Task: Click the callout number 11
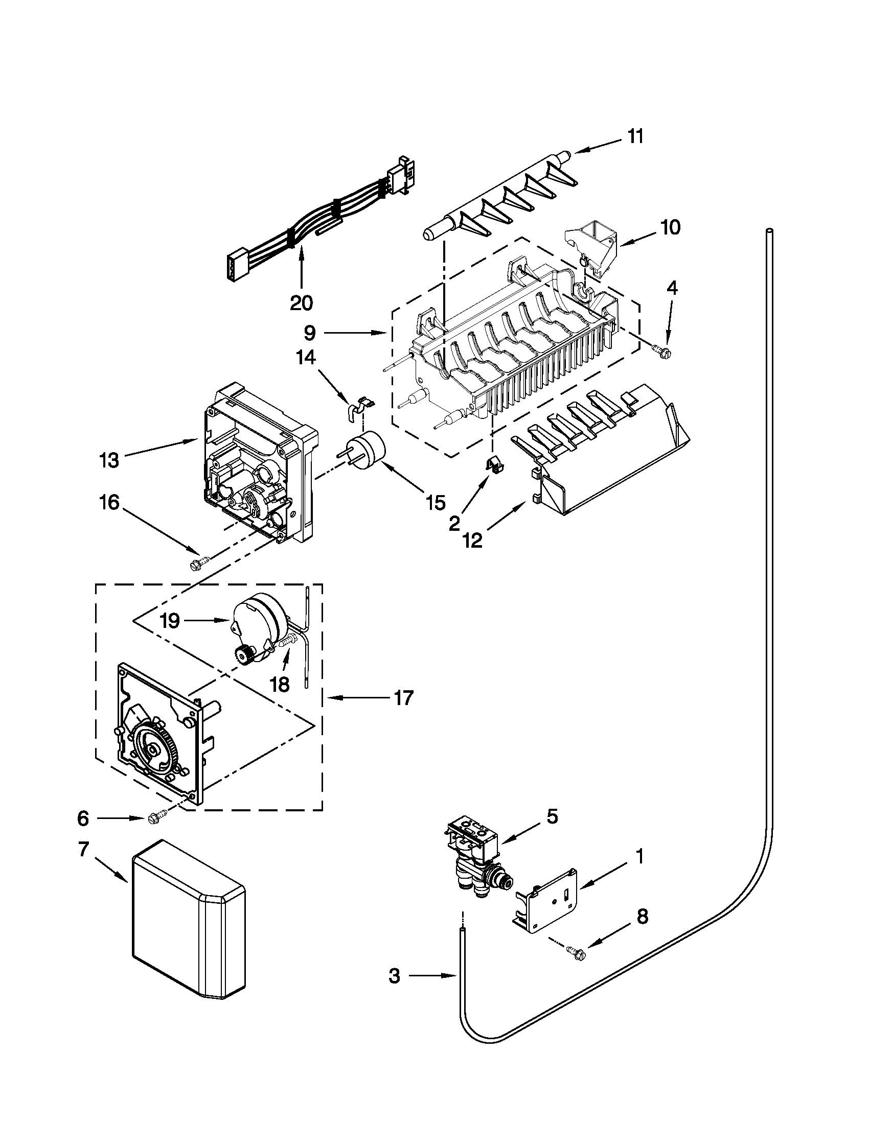pos(635,137)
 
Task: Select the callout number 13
pos(109,460)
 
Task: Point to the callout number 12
pos(472,540)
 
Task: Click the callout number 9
pos(309,333)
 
